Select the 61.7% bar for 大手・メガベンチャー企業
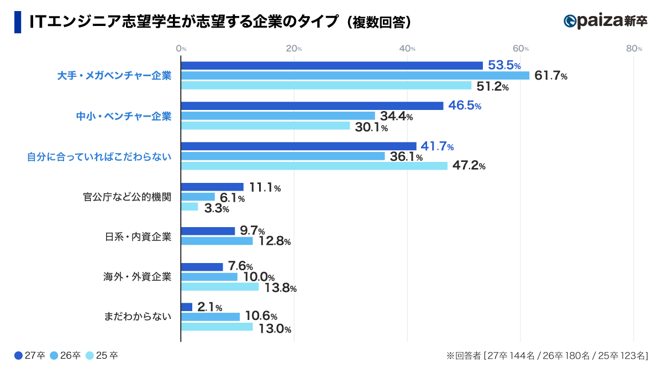point(355,76)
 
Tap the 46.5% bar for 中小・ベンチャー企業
point(312,106)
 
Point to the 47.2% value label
point(469,166)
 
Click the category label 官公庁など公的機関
point(127,197)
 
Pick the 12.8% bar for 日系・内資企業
point(217,241)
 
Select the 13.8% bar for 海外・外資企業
point(219,287)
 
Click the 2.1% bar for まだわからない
point(187,307)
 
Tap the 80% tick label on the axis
point(634,49)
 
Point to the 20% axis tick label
point(294,49)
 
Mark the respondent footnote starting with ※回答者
point(547,356)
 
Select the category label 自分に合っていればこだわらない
point(99,156)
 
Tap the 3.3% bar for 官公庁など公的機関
point(189,207)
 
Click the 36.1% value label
point(406,157)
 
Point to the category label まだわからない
point(138,317)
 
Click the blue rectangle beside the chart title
point(18,22)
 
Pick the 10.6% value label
point(261,317)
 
